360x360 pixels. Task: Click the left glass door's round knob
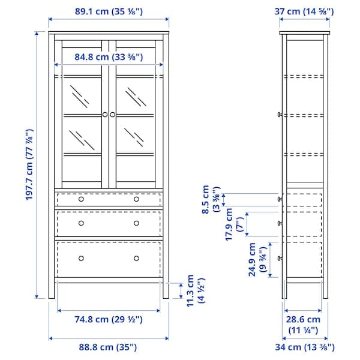point(104,114)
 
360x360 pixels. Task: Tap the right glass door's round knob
point(112,114)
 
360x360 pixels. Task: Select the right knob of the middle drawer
point(136,223)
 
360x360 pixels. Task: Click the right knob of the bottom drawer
point(136,259)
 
